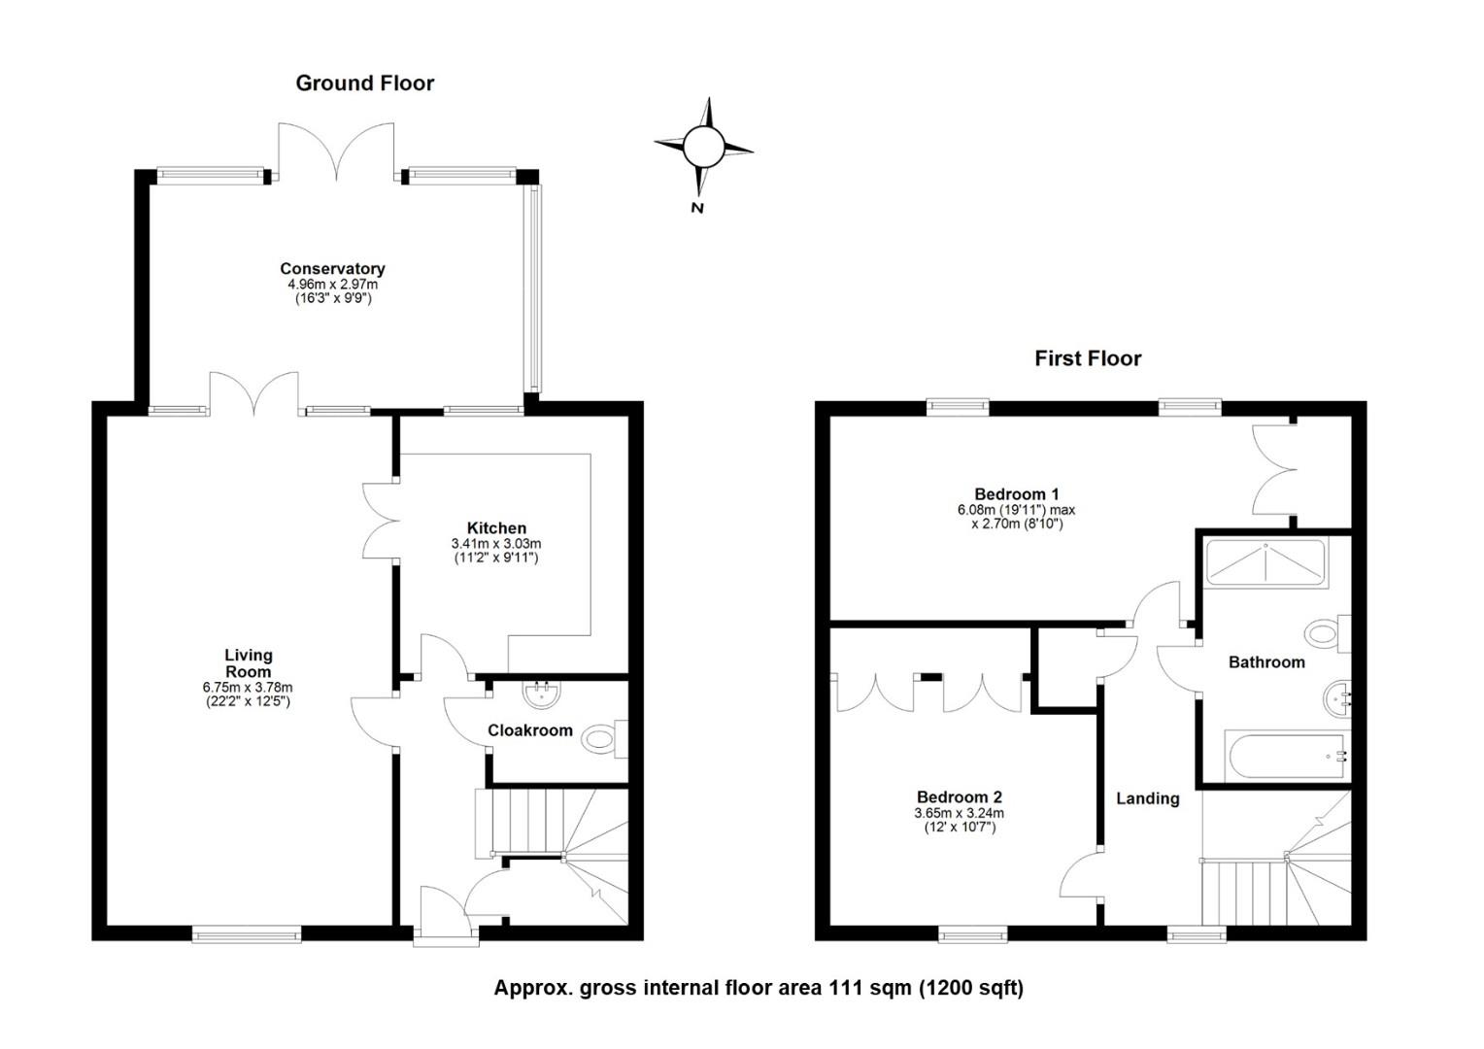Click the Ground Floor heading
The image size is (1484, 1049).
364,84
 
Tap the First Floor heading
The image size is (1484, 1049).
1088,359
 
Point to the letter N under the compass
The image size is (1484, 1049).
697,208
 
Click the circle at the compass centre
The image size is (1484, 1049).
703,147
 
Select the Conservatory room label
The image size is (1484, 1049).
332,269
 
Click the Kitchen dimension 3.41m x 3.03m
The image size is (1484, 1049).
496,543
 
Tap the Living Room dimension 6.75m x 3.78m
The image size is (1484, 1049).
248,688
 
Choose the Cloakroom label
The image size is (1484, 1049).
530,730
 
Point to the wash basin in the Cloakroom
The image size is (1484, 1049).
541,694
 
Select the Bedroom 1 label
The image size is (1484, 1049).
1016,494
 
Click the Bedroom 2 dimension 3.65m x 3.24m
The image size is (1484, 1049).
960,813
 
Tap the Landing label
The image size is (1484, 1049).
1147,798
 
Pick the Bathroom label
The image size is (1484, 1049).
1266,662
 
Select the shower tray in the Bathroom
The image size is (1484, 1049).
1266,564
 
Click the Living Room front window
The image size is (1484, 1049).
247,934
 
